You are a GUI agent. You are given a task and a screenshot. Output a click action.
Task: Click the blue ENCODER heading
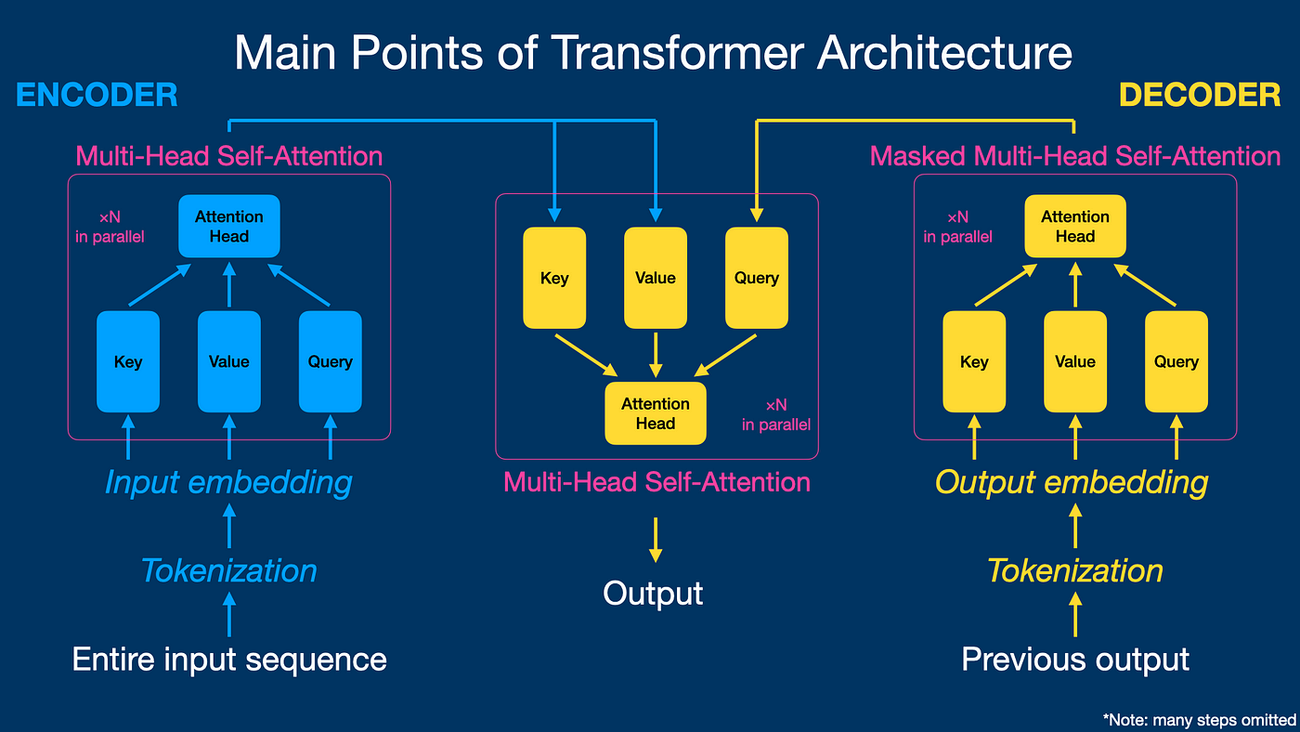[x=97, y=96]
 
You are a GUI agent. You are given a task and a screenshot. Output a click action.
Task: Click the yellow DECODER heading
[x=1200, y=96]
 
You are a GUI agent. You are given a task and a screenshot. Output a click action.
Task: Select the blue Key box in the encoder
[x=128, y=361]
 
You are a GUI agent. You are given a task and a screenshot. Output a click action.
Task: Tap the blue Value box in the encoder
[x=229, y=361]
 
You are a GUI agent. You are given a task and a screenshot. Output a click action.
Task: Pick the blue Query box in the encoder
[x=330, y=361]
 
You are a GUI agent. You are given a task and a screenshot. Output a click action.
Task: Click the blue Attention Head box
[x=229, y=226]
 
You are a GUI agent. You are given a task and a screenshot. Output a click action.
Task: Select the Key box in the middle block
[x=554, y=278]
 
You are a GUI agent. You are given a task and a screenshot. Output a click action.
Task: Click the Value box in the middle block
[x=656, y=278]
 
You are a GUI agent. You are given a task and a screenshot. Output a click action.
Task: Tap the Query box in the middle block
[x=756, y=278]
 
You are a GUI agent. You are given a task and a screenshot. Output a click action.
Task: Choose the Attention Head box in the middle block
[x=656, y=413]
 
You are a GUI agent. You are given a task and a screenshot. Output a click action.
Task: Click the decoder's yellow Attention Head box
[x=1075, y=226]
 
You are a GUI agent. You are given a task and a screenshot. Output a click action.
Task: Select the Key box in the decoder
[x=974, y=361]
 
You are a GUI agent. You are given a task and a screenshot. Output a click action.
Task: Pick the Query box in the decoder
[x=1176, y=361]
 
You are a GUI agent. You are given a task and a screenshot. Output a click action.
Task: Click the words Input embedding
[x=228, y=482]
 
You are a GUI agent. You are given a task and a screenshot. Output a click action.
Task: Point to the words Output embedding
[x=1072, y=482]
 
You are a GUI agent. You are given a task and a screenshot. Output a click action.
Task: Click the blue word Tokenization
[x=228, y=570]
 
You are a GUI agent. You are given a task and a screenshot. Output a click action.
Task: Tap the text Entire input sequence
[x=229, y=660]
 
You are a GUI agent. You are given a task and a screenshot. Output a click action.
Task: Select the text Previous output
[x=1075, y=660]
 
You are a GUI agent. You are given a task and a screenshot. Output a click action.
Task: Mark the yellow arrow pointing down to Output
[x=656, y=539]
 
